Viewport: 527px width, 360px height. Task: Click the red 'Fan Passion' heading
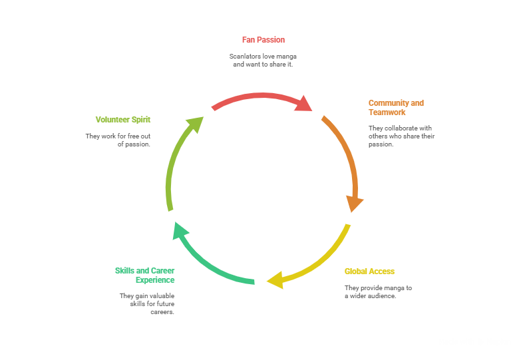coord(263,40)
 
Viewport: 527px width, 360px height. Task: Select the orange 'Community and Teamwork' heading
coord(396,108)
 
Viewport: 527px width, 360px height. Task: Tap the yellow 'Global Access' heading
coord(369,271)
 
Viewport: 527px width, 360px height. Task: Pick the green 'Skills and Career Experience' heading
coord(145,275)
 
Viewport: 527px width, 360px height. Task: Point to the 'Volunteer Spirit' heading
coord(123,120)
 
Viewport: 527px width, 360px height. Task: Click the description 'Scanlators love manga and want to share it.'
coord(263,61)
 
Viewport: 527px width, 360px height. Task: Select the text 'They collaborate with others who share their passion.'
coord(401,136)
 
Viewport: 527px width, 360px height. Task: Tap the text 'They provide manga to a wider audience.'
coord(378,291)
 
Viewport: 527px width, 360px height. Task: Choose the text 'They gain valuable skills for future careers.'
coord(147,303)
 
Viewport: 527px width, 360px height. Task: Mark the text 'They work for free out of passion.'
coord(118,140)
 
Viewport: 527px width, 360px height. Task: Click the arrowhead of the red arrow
coord(304,104)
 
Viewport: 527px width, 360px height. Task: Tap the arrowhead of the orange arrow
coord(355,203)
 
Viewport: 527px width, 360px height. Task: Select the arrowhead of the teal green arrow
coord(180,230)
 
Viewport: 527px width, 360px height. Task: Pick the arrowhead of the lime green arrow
coord(196,123)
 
